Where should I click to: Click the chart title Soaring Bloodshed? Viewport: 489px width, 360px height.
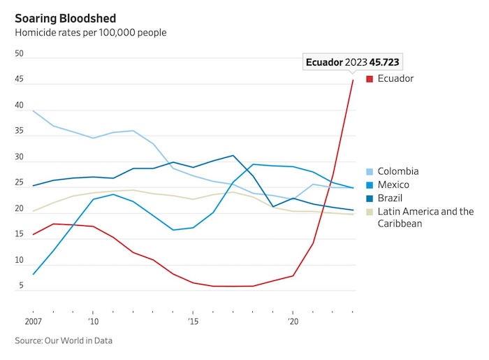pos(66,17)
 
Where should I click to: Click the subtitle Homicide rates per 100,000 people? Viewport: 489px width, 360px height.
pos(91,32)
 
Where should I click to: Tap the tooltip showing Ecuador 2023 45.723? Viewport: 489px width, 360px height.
pos(353,62)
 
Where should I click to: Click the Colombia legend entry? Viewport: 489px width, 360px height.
pos(397,171)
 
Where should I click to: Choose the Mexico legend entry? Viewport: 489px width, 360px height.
pos(393,185)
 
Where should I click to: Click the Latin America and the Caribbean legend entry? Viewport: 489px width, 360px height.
pos(425,217)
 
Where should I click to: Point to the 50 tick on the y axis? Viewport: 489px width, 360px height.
pos(19,54)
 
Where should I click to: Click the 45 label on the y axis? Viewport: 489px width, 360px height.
pos(19,80)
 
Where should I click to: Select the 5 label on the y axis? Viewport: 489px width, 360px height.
pos(21,286)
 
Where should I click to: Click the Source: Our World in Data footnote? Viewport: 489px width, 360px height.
pos(64,340)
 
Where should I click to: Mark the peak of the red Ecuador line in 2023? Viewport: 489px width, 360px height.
pos(353,80)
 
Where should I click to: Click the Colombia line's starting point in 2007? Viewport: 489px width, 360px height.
pos(33,110)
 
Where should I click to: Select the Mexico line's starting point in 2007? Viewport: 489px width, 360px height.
pos(33,274)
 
